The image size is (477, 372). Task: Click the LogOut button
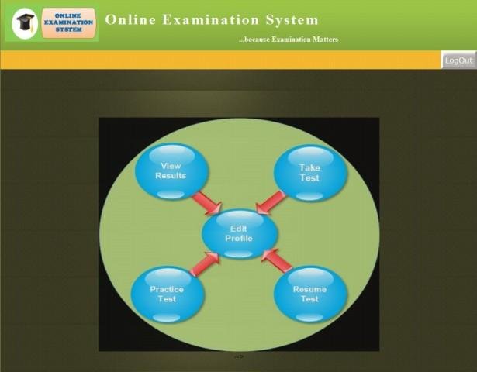pyautogui.click(x=458, y=60)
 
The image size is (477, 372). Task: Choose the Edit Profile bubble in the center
pyautogui.click(x=239, y=233)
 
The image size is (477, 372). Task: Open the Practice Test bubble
pyautogui.click(x=168, y=294)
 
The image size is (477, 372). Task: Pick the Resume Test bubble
pyautogui.click(x=309, y=294)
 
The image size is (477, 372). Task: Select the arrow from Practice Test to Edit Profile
pyautogui.click(x=205, y=263)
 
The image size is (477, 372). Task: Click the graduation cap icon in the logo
pyautogui.click(x=26, y=25)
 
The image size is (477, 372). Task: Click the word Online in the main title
pyautogui.click(x=130, y=20)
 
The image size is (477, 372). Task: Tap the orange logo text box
pyautogui.click(x=69, y=25)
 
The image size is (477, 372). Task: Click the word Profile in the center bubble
pyautogui.click(x=239, y=238)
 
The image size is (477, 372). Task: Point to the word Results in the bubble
pyautogui.click(x=171, y=176)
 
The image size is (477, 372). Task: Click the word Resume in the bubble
pyautogui.click(x=309, y=290)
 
